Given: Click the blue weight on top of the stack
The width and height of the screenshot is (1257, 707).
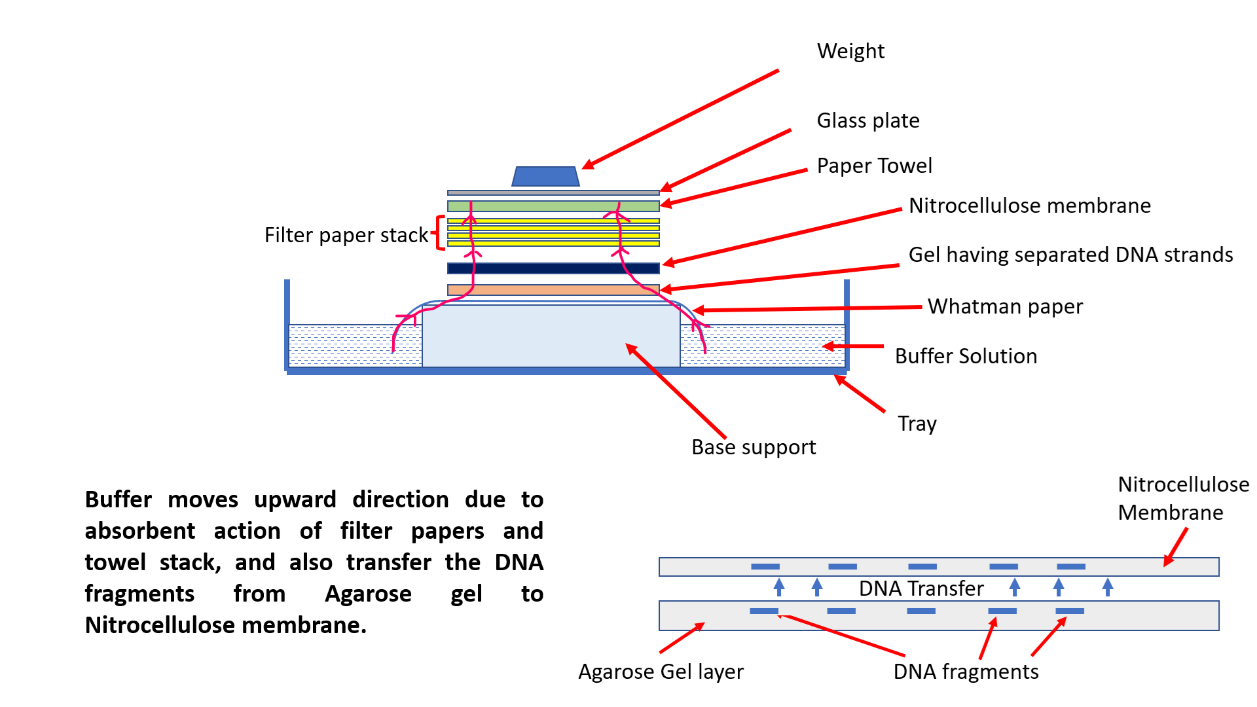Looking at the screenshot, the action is click(545, 176).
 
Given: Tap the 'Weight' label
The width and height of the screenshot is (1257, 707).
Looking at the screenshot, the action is click(850, 51).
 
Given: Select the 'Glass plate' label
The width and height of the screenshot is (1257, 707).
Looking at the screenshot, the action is click(868, 120).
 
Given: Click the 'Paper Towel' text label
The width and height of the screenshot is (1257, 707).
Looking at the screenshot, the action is click(875, 166).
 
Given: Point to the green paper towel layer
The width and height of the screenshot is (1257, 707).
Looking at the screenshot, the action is click(553, 206).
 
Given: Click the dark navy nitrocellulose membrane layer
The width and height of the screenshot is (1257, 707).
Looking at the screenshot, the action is click(553, 268).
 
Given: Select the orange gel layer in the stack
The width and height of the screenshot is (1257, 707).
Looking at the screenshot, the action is click(553, 289).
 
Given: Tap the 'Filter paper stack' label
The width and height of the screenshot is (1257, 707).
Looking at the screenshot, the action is click(346, 235).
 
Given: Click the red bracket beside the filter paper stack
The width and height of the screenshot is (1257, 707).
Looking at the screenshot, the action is click(437, 232).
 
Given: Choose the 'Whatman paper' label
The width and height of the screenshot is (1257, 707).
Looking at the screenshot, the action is click(1005, 306).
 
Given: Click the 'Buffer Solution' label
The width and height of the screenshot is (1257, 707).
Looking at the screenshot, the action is click(966, 356).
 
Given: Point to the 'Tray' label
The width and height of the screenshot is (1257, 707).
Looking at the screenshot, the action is click(917, 424).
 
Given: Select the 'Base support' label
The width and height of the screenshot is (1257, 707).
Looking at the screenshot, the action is click(754, 447).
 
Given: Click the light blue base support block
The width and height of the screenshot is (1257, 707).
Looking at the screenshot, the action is click(551, 336).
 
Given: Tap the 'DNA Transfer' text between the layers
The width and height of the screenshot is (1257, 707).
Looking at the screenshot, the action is click(921, 589).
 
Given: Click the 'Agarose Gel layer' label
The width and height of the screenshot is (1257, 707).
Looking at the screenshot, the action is click(661, 672).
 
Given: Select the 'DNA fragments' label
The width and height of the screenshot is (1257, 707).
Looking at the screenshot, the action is click(966, 672).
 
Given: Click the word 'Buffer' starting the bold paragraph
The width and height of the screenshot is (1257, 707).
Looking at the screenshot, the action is click(118, 499).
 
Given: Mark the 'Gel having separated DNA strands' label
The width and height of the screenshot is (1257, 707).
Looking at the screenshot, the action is click(1070, 255).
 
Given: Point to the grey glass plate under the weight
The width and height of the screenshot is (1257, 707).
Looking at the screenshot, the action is click(553, 193).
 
